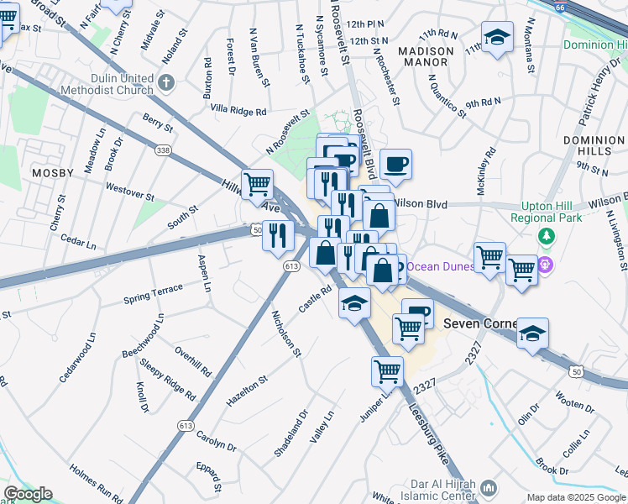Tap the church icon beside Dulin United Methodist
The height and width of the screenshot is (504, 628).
click(x=165, y=81)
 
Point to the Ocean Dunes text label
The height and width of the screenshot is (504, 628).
click(x=441, y=268)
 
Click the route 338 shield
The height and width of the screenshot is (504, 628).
click(x=162, y=150)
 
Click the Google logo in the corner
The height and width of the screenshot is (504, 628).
click(x=27, y=494)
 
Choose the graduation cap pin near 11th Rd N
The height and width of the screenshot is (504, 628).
click(x=497, y=36)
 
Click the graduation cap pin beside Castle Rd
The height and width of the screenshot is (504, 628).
click(x=354, y=302)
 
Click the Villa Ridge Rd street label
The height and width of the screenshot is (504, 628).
click(x=238, y=110)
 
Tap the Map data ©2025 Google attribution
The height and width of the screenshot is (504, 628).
click(x=576, y=497)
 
